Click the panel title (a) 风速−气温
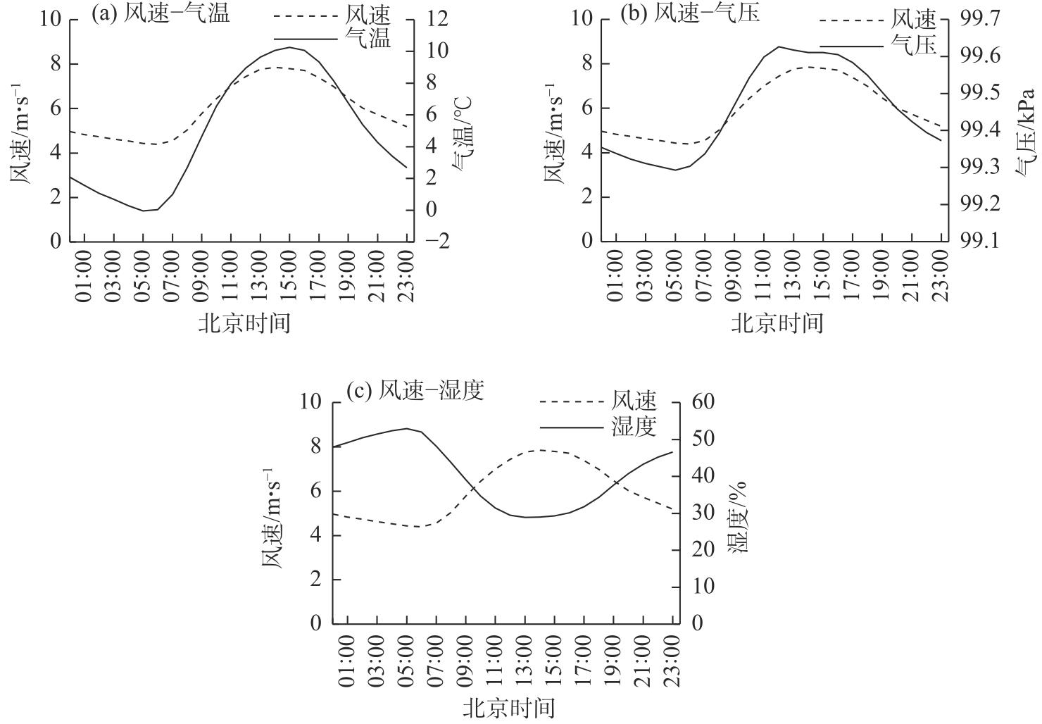tap(161, 13)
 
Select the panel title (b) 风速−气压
tap(689, 13)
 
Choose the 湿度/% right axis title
tap(736, 518)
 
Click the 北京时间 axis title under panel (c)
tap(508, 708)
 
